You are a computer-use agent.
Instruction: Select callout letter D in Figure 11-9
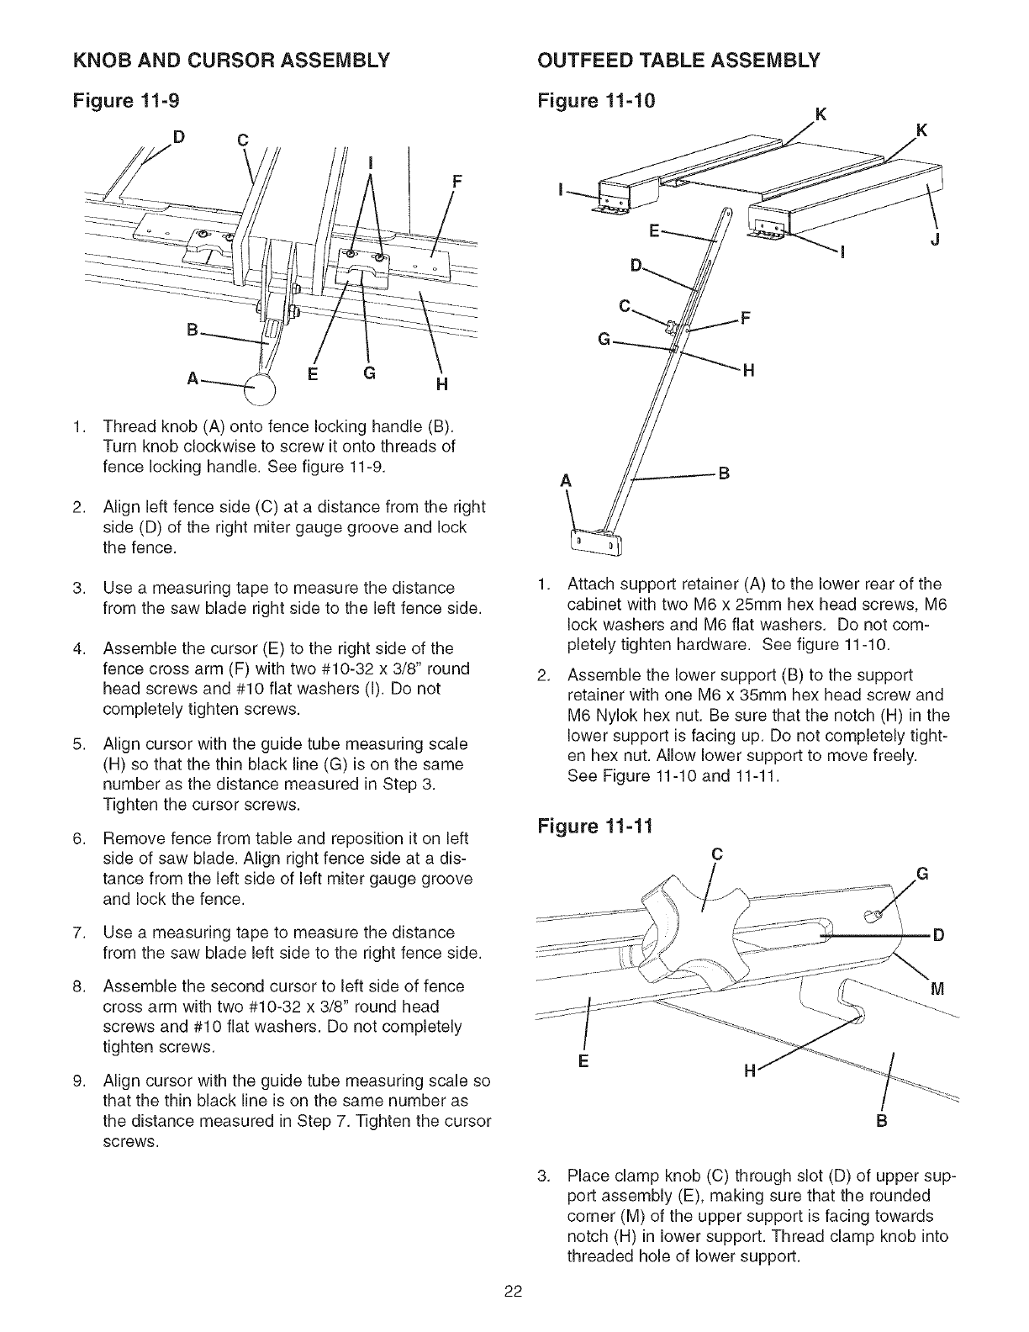click(178, 134)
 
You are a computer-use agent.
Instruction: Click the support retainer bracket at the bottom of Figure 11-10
click(595, 542)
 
